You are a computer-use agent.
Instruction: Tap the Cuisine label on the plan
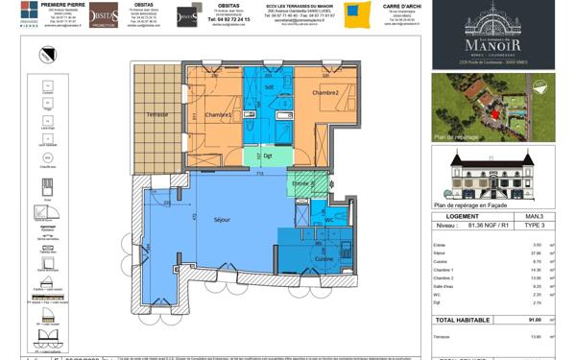point(324,258)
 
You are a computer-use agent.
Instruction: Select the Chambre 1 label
point(219,115)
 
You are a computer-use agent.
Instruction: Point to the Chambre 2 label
point(325,92)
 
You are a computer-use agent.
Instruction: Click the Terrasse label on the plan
point(156,114)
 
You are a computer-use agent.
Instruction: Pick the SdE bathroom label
point(270,87)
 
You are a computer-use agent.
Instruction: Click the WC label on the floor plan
point(328,219)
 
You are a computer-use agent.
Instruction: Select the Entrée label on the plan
point(300,183)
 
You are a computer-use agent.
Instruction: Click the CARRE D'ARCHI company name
point(404,6)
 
